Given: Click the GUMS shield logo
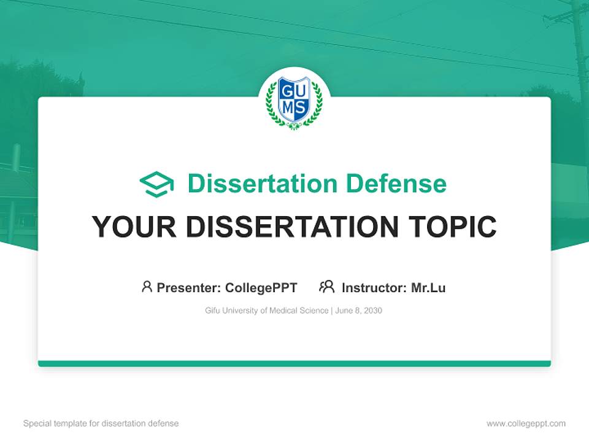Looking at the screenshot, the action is pos(294,102).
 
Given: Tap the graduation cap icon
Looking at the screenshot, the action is pos(156,184).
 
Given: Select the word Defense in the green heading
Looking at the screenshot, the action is pos(396,184).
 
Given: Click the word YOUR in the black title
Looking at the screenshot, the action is pos(134,227).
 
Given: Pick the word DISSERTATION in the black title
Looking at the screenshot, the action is pos(292,227).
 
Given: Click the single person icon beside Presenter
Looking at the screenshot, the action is pos(147,287).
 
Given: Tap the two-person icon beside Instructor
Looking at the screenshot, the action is pos(327,287).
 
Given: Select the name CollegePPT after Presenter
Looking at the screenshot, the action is pos(261,288).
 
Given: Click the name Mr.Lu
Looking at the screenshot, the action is pos(428,287).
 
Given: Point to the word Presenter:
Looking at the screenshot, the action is pos(189,287).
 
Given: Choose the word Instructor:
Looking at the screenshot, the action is pos(374,287).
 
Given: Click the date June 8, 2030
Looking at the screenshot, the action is pos(359,311).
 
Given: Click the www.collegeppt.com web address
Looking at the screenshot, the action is pos(526,424).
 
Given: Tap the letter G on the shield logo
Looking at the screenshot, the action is pos(288,91).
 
